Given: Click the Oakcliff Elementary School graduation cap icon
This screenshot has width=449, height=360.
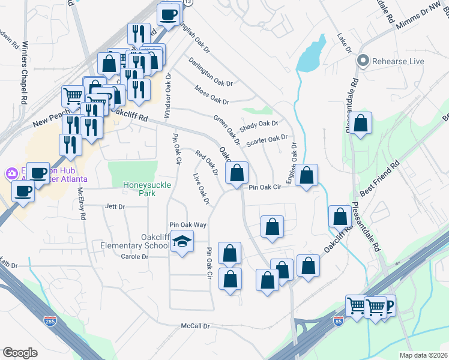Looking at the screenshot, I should point(182,242).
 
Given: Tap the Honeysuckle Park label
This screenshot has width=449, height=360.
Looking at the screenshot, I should point(139,189).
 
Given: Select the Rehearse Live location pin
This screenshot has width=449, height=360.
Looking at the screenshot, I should point(363,61).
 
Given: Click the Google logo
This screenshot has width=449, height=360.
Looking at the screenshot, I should point(20,353).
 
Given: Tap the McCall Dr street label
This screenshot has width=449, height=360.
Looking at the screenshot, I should point(196,326).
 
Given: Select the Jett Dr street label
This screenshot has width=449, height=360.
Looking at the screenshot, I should point(114,206).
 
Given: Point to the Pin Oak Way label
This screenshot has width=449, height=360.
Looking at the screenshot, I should point(187,224).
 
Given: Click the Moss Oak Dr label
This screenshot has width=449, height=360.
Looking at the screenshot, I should point(212,95).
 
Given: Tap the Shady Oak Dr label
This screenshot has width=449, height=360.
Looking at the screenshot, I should point(259,125).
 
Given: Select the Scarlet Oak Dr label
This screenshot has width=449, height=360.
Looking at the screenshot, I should point(268,139).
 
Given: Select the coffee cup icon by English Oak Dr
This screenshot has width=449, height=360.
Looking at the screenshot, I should point(169,14).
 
